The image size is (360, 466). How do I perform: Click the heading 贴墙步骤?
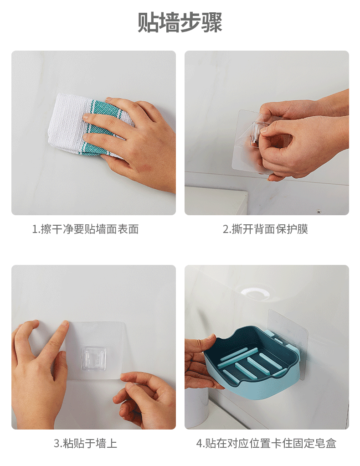click(180, 23)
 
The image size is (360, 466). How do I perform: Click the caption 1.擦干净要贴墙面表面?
click(85, 229)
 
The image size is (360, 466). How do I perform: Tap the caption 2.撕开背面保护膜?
click(265, 229)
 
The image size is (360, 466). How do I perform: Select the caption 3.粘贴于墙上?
click(85, 443)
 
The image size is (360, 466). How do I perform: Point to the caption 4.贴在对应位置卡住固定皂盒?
click(267, 443)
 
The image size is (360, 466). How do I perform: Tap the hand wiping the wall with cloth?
click(137, 141)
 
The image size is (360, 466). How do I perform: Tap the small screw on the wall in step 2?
click(319, 212)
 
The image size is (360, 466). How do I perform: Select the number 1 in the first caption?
click(35, 229)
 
